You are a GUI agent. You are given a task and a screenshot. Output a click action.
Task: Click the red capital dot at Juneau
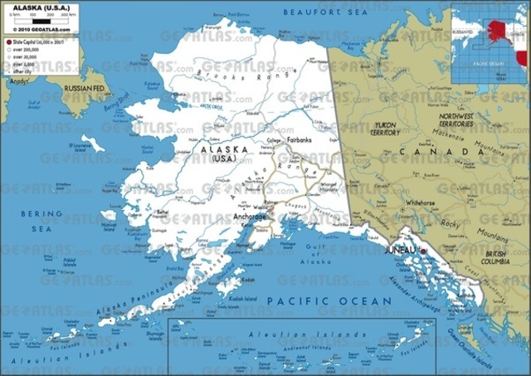coord(422,250)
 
